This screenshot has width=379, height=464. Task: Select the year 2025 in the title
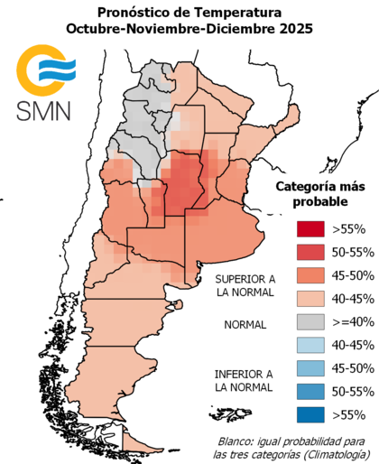click(x=296, y=29)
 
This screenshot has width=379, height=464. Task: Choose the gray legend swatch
click(x=306, y=324)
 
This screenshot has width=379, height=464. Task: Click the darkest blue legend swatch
click(x=306, y=414)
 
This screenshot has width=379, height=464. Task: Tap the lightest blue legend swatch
click(x=306, y=347)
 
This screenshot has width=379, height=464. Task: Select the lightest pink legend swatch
click(x=306, y=300)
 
